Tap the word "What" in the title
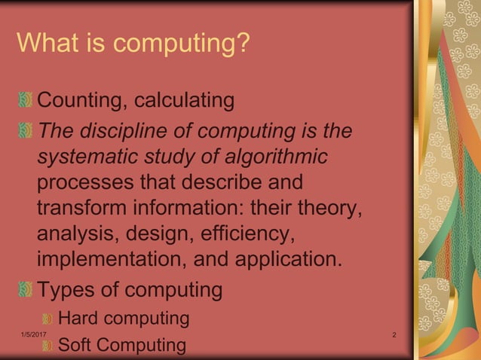(x=44, y=43)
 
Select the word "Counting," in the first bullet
(x=82, y=100)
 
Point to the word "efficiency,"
(x=245, y=234)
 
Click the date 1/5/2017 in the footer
(x=31, y=334)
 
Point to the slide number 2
(x=394, y=334)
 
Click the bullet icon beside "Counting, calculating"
(x=26, y=100)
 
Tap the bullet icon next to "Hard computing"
(x=47, y=319)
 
